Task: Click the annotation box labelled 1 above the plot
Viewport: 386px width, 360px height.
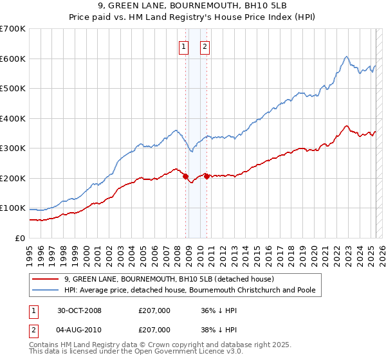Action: click(184, 46)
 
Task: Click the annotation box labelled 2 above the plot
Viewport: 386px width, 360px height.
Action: click(205, 46)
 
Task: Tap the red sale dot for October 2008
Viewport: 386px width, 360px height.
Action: click(186, 176)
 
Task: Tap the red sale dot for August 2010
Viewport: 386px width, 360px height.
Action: click(207, 176)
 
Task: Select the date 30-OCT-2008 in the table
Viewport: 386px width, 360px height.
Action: click(79, 310)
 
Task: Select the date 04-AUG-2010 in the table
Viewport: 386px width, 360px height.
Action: click(79, 330)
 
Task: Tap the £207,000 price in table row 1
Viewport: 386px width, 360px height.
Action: click(154, 310)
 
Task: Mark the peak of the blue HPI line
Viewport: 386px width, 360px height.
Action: click(346, 57)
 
